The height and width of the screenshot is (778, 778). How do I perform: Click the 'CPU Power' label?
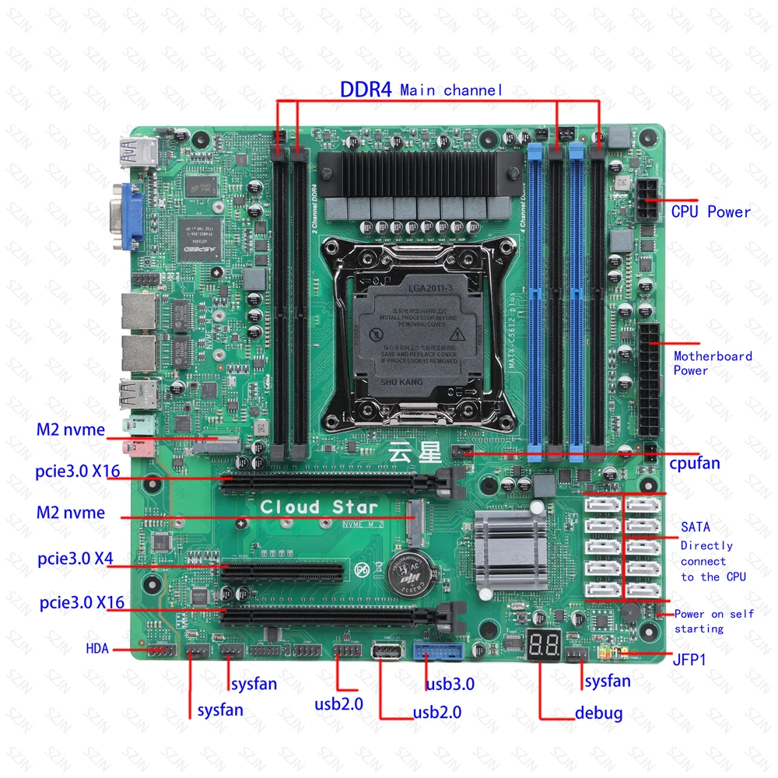coord(711,212)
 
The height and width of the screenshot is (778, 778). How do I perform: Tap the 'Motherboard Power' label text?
coord(713,363)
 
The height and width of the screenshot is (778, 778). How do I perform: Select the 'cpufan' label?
coord(695,464)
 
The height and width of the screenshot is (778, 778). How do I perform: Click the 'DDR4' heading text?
coord(365,89)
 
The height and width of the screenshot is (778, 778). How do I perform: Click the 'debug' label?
coord(598,712)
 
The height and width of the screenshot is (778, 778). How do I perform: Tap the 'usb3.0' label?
coord(450,685)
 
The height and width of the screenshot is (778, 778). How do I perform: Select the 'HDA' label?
coord(98,649)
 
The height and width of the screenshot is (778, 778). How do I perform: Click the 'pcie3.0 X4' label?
coord(75,559)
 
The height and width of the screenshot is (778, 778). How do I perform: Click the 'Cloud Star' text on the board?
coord(308,506)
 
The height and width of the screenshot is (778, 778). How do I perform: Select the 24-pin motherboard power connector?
coord(648,381)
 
